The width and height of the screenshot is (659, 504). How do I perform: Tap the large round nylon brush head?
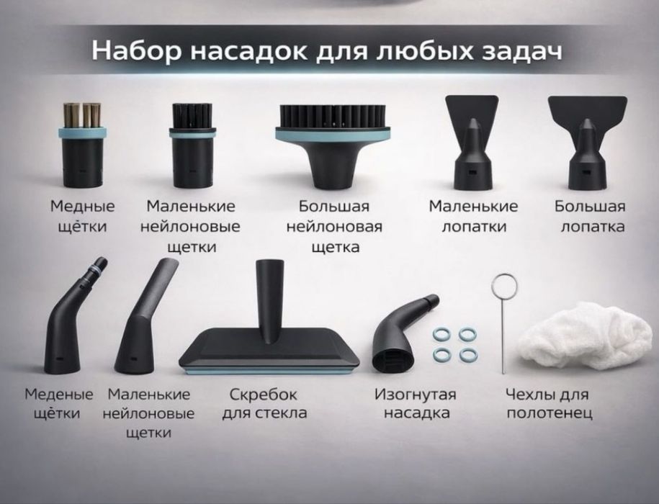[x=333, y=137]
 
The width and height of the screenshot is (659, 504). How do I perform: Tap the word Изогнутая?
[x=416, y=395]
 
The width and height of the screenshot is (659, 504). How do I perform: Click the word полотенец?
[x=549, y=413]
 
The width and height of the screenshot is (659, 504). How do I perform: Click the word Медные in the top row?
[x=82, y=207]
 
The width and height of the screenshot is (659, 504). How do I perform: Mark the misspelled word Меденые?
[x=59, y=395]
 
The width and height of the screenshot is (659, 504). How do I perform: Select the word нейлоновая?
[x=333, y=227]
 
